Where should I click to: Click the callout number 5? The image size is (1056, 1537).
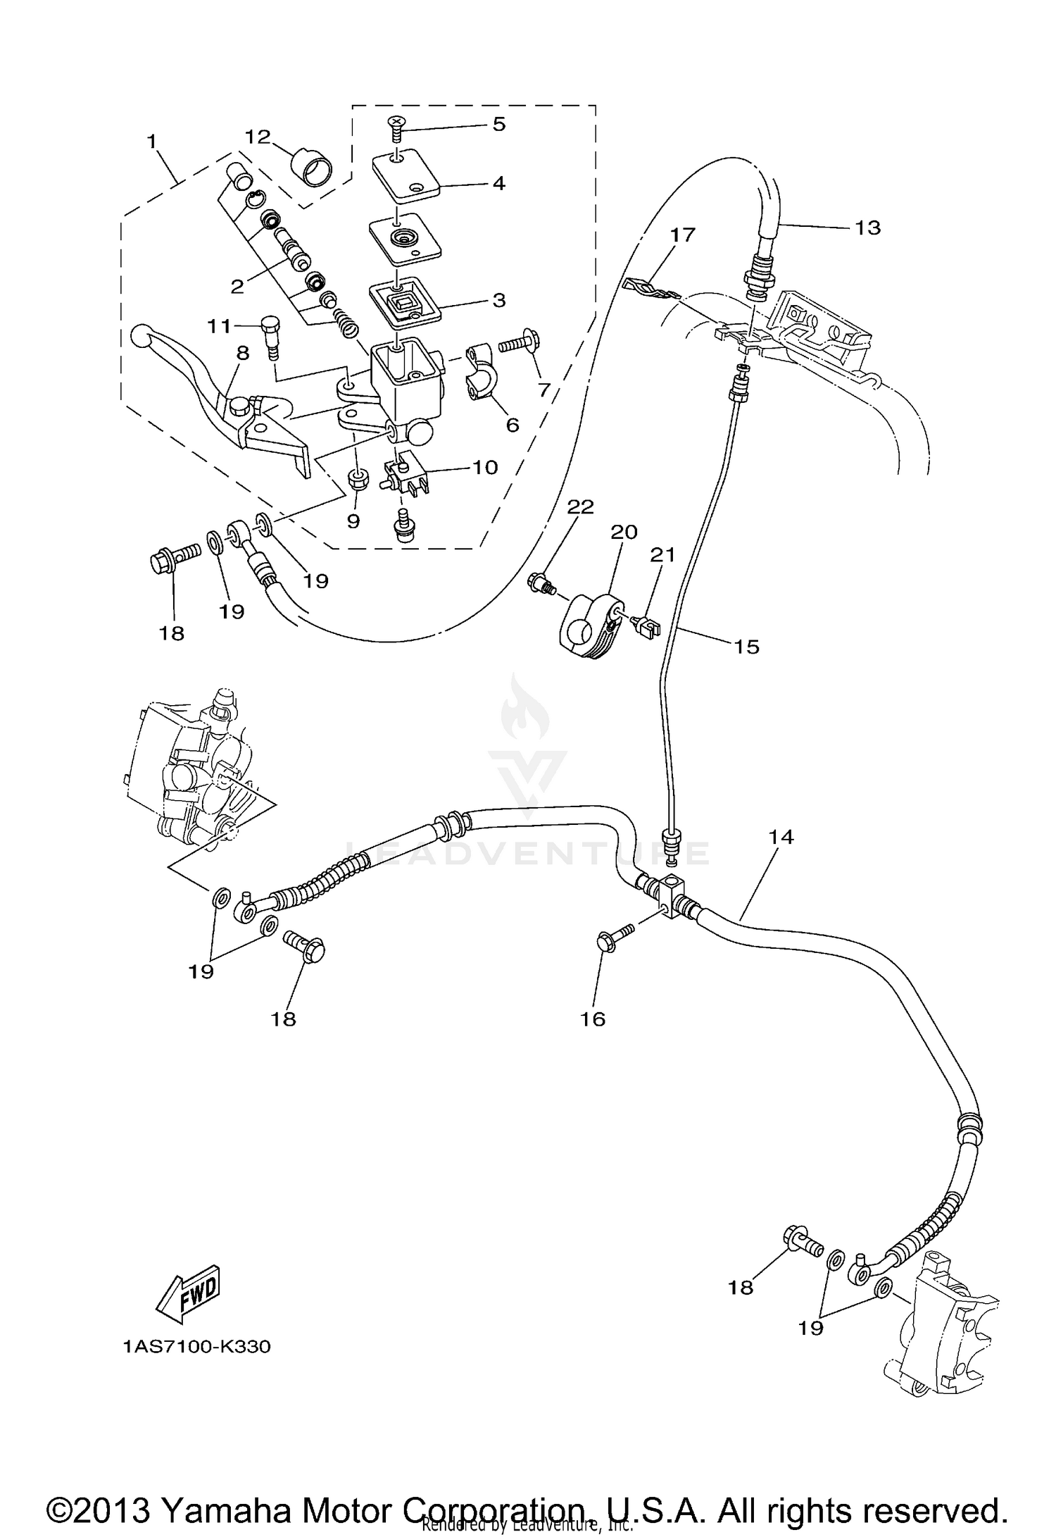(x=498, y=125)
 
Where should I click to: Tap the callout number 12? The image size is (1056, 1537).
(x=258, y=136)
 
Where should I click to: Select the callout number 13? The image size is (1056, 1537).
(x=868, y=228)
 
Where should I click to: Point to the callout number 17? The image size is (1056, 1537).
(x=682, y=235)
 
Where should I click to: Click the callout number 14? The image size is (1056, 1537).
(x=781, y=837)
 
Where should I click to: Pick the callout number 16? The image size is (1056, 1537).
(x=593, y=1019)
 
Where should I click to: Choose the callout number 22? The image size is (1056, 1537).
(x=581, y=507)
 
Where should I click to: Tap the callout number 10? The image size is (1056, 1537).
(x=485, y=467)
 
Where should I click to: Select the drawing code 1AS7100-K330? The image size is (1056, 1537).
(x=196, y=1347)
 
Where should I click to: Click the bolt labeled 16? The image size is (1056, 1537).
(x=613, y=938)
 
